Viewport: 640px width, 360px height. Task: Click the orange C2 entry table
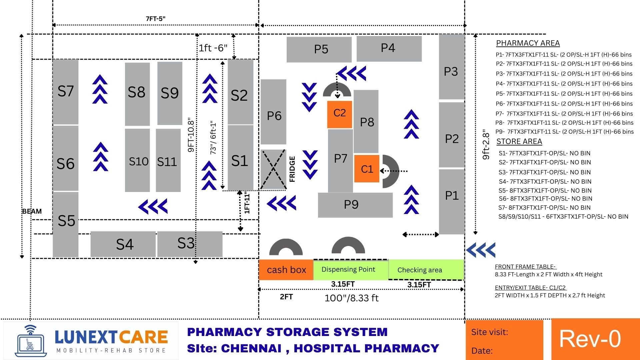coord(339,114)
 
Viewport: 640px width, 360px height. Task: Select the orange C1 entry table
coord(367,169)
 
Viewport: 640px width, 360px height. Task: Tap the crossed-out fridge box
coord(273,169)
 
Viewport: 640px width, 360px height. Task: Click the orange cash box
coord(286,270)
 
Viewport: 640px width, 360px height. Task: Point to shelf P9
coord(355,205)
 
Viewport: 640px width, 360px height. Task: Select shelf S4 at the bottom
coord(123,244)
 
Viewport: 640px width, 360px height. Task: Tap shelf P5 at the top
coord(319,49)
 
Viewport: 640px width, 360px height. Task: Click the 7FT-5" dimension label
coord(155,19)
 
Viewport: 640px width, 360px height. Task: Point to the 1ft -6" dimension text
coord(213,48)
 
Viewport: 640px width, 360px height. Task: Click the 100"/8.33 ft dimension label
coord(351,298)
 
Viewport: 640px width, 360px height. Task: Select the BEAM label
coord(32,211)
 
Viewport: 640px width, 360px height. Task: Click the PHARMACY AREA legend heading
coord(528,43)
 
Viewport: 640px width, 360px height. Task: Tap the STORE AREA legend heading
coord(519,142)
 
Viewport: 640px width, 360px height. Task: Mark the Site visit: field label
coord(489,332)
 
